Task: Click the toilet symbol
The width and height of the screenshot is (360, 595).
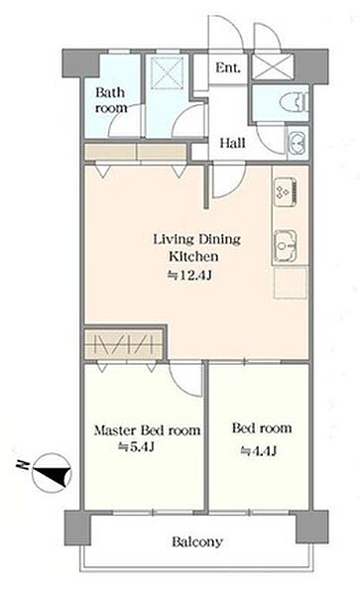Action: tap(295, 102)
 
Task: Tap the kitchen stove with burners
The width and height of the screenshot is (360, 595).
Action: tap(286, 192)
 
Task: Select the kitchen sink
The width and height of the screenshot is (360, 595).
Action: tap(286, 246)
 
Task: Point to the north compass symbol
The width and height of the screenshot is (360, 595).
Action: tap(53, 473)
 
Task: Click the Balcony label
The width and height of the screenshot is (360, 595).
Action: tap(197, 541)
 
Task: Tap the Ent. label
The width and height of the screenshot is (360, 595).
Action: tap(228, 68)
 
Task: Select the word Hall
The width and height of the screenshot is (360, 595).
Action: tap(232, 143)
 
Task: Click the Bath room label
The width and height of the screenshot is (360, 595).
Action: tap(111, 100)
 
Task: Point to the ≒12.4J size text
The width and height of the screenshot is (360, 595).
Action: tap(189, 275)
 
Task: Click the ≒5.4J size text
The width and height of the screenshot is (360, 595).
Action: tap(136, 447)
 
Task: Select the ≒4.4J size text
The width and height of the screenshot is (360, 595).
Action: tap(258, 451)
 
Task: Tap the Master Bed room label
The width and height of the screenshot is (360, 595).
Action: tap(147, 430)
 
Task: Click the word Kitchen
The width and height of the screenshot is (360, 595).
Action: tap(193, 256)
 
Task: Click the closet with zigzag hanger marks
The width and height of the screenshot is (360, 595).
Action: tap(124, 343)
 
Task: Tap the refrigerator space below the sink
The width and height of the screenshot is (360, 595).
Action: tap(291, 283)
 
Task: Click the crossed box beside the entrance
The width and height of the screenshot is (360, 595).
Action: tap(273, 66)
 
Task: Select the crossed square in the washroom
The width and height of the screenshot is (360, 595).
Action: tap(168, 73)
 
